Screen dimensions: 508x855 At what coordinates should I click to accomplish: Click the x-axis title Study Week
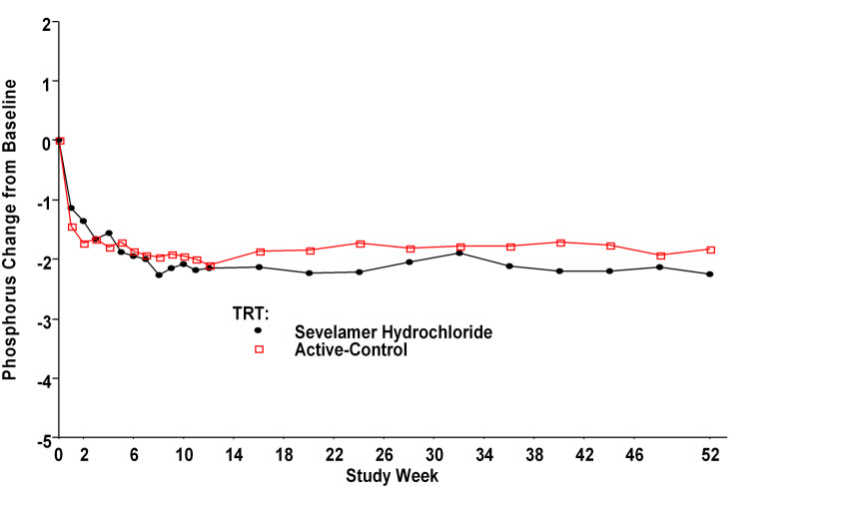392,476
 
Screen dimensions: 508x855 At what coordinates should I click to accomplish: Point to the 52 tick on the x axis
710,454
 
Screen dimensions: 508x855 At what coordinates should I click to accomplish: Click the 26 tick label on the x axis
385,454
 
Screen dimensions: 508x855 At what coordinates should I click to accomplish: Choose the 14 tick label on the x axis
235,454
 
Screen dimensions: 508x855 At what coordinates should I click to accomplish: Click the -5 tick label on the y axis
43,438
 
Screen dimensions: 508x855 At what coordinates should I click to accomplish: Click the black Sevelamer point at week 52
710,274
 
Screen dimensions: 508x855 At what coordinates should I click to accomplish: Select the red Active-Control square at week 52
710,250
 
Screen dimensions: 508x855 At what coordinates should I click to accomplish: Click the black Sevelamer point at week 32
459,253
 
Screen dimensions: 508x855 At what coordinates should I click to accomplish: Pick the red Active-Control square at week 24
360,244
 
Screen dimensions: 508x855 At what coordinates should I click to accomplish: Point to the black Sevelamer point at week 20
310,272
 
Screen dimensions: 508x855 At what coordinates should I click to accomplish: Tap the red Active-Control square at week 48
660,255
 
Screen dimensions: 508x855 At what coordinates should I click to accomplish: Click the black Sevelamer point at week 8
159,274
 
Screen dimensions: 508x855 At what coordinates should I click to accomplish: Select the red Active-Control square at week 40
560,243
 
